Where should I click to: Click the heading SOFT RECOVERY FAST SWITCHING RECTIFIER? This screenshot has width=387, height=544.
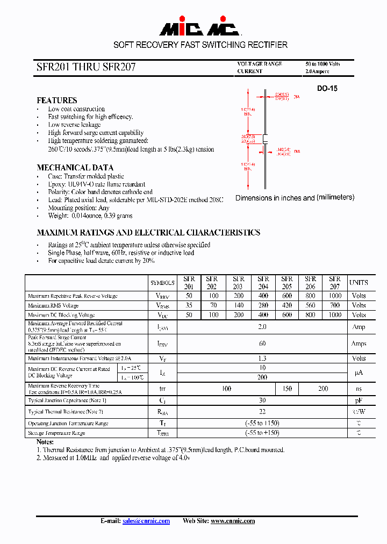click(200, 45)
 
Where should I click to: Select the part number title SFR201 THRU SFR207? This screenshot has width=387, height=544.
click(86, 67)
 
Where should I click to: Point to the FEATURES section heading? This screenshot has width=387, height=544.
click(56, 101)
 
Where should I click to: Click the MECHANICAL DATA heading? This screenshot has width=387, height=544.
click(75, 168)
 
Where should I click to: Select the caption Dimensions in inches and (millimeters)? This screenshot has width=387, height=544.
click(295, 198)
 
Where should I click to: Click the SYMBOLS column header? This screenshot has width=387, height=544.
click(162, 282)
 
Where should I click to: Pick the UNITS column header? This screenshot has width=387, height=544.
click(359, 282)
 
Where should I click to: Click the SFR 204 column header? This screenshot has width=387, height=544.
click(263, 282)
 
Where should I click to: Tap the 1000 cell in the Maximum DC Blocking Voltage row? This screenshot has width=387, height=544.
click(334, 315)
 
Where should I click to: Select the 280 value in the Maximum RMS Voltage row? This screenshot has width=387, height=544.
click(263, 305)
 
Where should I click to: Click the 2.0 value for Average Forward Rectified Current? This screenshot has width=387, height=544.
click(262, 327)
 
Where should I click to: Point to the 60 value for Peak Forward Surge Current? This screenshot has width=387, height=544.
click(262, 343)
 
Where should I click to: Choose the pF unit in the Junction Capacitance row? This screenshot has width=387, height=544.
click(359, 400)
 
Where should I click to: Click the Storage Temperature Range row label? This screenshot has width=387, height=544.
click(56, 433)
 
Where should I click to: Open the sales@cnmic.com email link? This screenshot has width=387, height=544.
click(146, 521)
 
